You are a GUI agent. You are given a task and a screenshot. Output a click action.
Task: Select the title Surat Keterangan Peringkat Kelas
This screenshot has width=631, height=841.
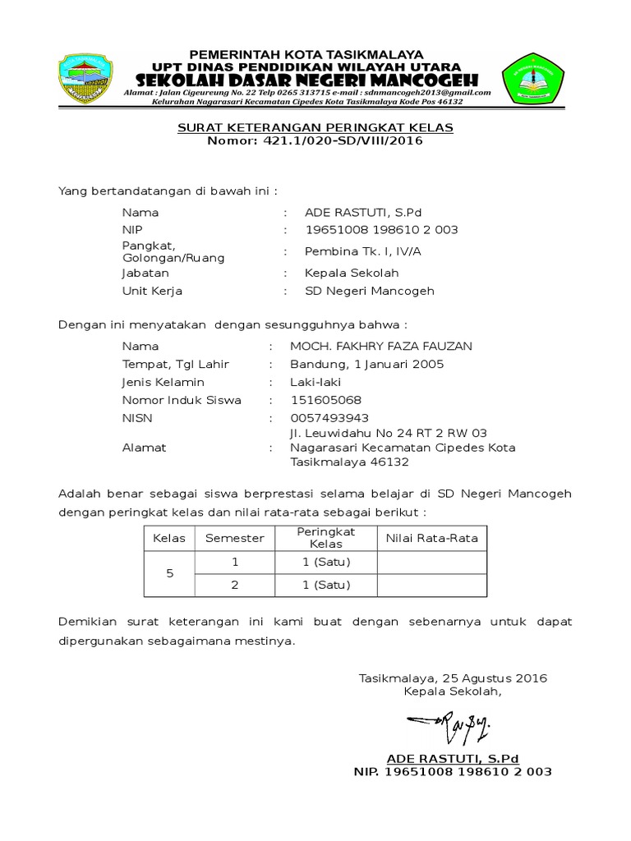(x=316, y=128)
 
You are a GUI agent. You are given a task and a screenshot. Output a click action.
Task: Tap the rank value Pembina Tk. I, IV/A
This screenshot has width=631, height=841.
(x=362, y=251)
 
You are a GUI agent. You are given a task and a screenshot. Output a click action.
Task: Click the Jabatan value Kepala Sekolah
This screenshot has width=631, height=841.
(x=352, y=273)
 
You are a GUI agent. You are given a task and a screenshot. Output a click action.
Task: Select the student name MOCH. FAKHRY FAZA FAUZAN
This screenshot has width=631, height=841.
(x=381, y=346)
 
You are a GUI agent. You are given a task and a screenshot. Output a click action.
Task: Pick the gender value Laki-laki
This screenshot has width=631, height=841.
(x=315, y=382)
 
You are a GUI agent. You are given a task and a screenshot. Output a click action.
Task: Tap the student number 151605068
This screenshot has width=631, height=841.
(x=326, y=400)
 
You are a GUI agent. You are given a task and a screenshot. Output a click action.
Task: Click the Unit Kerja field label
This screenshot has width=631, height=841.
(x=152, y=291)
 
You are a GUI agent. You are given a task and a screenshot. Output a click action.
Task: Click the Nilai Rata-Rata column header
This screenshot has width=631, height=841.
(x=432, y=538)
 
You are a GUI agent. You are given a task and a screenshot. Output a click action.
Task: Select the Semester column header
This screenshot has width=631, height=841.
(x=235, y=538)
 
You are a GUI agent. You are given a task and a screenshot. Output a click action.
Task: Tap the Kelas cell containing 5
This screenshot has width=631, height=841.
(x=169, y=573)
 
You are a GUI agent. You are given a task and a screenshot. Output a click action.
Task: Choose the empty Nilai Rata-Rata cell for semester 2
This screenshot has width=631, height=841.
(x=432, y=585)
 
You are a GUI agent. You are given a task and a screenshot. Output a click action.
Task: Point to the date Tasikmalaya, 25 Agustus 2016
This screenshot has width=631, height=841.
(x=453, y=678)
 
